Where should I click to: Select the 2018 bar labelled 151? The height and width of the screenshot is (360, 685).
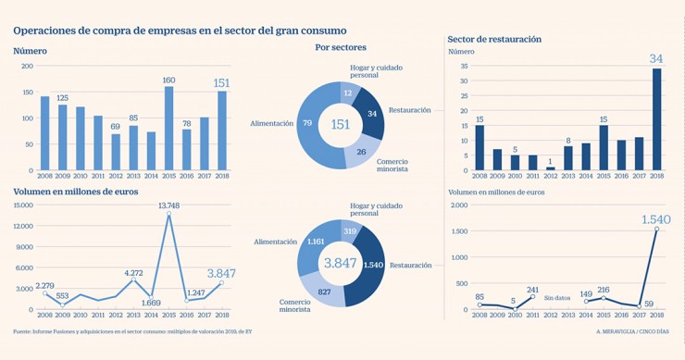tap(221, 130)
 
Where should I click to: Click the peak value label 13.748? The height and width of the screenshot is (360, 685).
tap(168, 205)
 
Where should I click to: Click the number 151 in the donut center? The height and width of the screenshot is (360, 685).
tap(342, 125)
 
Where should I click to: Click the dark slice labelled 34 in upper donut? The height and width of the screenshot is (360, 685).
tap(371, 114)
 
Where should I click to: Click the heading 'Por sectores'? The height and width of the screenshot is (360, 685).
tap(341, 47)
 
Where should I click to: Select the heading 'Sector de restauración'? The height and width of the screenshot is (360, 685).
tap(494, 39)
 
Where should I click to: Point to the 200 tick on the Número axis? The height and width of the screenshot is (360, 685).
tap(27, 66)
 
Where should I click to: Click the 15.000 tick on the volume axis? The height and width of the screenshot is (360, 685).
tap(23, 205)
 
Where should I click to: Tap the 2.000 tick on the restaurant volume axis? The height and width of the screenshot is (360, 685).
tap(459, 205)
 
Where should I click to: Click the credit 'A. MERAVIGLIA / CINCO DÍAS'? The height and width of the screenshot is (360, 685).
tap(634, 331)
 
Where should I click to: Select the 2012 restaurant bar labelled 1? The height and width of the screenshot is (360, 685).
tap(551, 168)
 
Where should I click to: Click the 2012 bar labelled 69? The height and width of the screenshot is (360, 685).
tap(116, 152)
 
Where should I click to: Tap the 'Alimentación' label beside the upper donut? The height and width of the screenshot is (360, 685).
tap(271, 123)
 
